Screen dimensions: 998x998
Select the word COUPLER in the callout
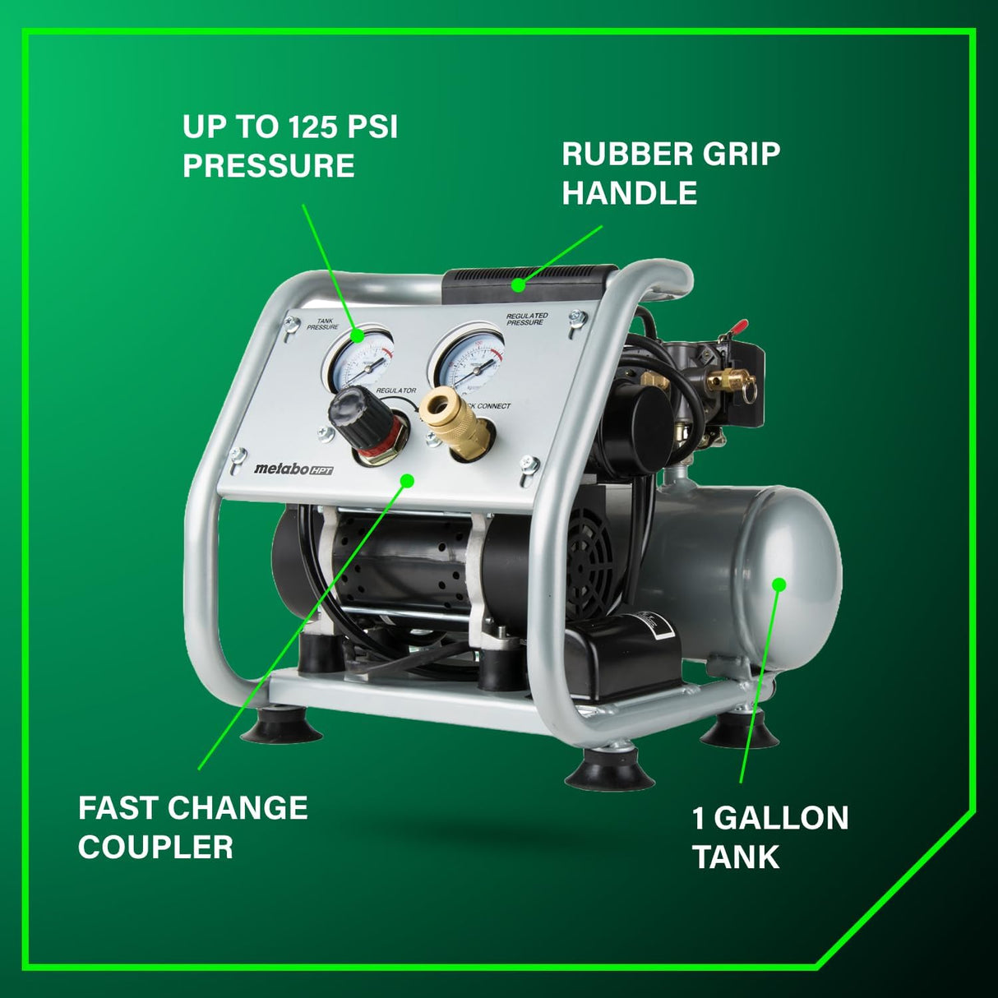pos(155,847)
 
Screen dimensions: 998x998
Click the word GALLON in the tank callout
pos(781,818)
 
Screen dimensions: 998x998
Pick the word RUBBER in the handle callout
pos(617,154)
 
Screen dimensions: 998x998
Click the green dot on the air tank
pos(779,584)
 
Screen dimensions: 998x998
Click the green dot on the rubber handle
pos(518,286)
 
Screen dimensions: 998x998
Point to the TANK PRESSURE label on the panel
pos(323,324)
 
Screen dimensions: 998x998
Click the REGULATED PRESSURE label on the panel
pos(526,319)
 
